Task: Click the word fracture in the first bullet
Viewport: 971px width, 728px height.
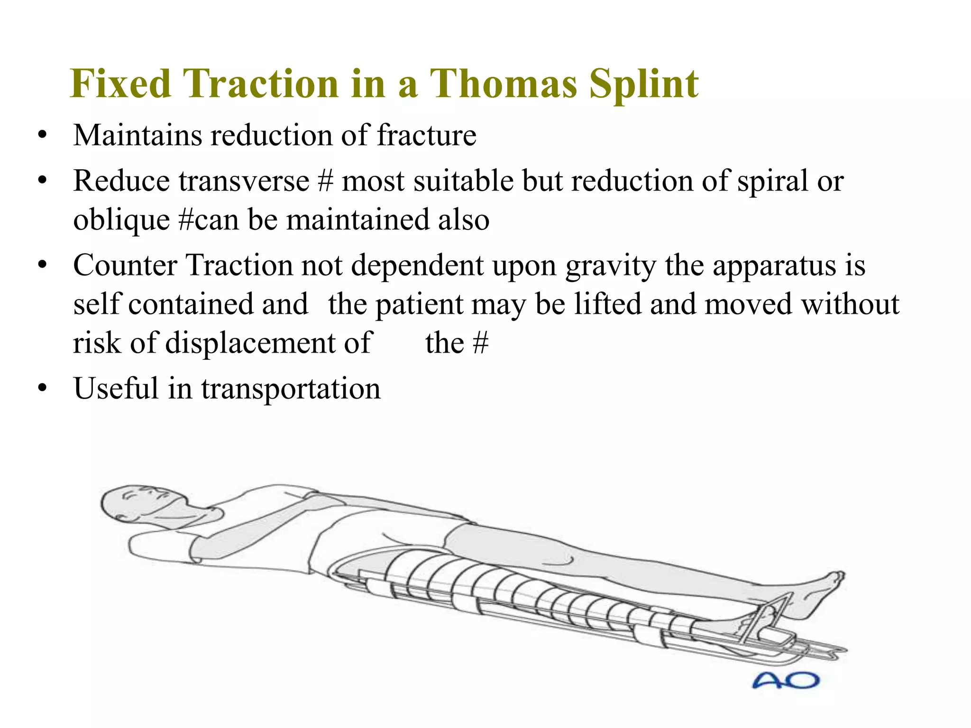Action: (x=426, y=136)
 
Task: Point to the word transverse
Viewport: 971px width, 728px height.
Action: (x=244, y=181)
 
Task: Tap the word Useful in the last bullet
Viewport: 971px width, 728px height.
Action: (x=116, y=389)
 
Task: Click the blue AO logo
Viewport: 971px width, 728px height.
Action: (x=786, y=681)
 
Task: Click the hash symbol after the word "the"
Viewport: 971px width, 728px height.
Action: (x=481, y=343)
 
